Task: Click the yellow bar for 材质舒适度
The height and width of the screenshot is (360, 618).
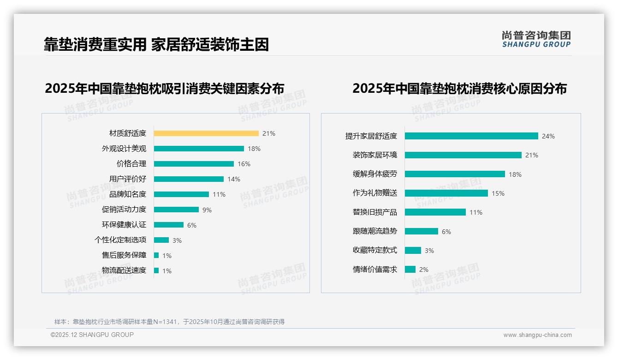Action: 206,133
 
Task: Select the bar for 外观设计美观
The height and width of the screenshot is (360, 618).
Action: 199,149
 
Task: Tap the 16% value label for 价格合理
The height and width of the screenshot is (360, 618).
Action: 244,164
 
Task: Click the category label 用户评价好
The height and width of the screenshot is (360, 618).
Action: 128,179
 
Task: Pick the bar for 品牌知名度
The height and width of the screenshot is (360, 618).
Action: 181,194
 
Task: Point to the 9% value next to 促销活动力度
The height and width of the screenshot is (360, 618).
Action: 207,210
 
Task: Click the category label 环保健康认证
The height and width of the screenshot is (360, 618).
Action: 124,225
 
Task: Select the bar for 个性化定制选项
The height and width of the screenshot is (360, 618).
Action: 161,240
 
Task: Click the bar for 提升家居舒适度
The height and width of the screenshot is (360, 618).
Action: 471,136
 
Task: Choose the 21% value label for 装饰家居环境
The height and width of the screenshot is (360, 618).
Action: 532,156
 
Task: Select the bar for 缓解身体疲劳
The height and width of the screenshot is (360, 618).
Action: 455,174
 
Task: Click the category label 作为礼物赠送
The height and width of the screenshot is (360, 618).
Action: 375,193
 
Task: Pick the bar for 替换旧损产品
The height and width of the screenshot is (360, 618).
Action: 435,212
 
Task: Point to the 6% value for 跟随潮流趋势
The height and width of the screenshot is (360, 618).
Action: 446,232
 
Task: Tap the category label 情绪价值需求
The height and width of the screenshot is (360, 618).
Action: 375,270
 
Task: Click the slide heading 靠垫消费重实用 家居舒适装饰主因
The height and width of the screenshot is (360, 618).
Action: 156,44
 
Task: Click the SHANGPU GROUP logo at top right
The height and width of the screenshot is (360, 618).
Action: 536,39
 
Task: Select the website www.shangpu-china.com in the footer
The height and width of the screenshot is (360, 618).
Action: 537,335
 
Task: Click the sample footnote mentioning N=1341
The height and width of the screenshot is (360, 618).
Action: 169,322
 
